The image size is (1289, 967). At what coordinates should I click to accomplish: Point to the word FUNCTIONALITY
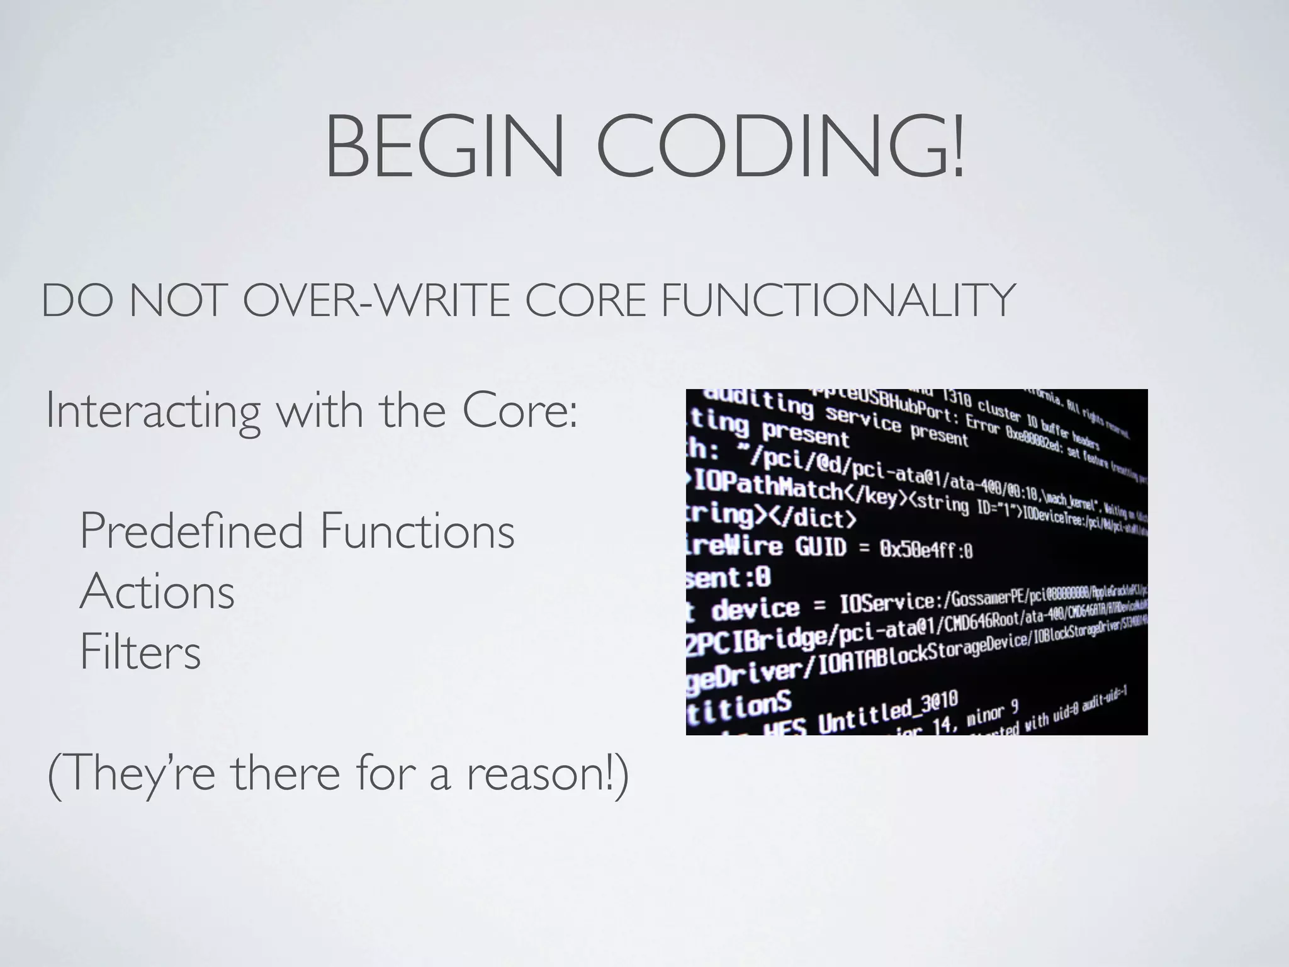pyautogui.click(x=836, y=301)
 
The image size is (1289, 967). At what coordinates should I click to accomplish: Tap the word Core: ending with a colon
pyautogui.click(x=519, y=410)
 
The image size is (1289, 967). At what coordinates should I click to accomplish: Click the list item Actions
pyautogui.click(x=157, y=592)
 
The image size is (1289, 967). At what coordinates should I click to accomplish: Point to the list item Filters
pyautogui.click(x=140, y=652)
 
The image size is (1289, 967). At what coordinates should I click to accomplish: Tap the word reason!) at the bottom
pyautogui.click(x=548, y=774)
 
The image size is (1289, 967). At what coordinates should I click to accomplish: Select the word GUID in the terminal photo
pyautogui.click(x=821, y=547)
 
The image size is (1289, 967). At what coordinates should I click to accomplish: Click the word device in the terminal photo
pyautogui.click(x=755, y=609)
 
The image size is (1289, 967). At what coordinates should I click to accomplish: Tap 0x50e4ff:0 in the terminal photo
pyautogui.click(x=926, y=550)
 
